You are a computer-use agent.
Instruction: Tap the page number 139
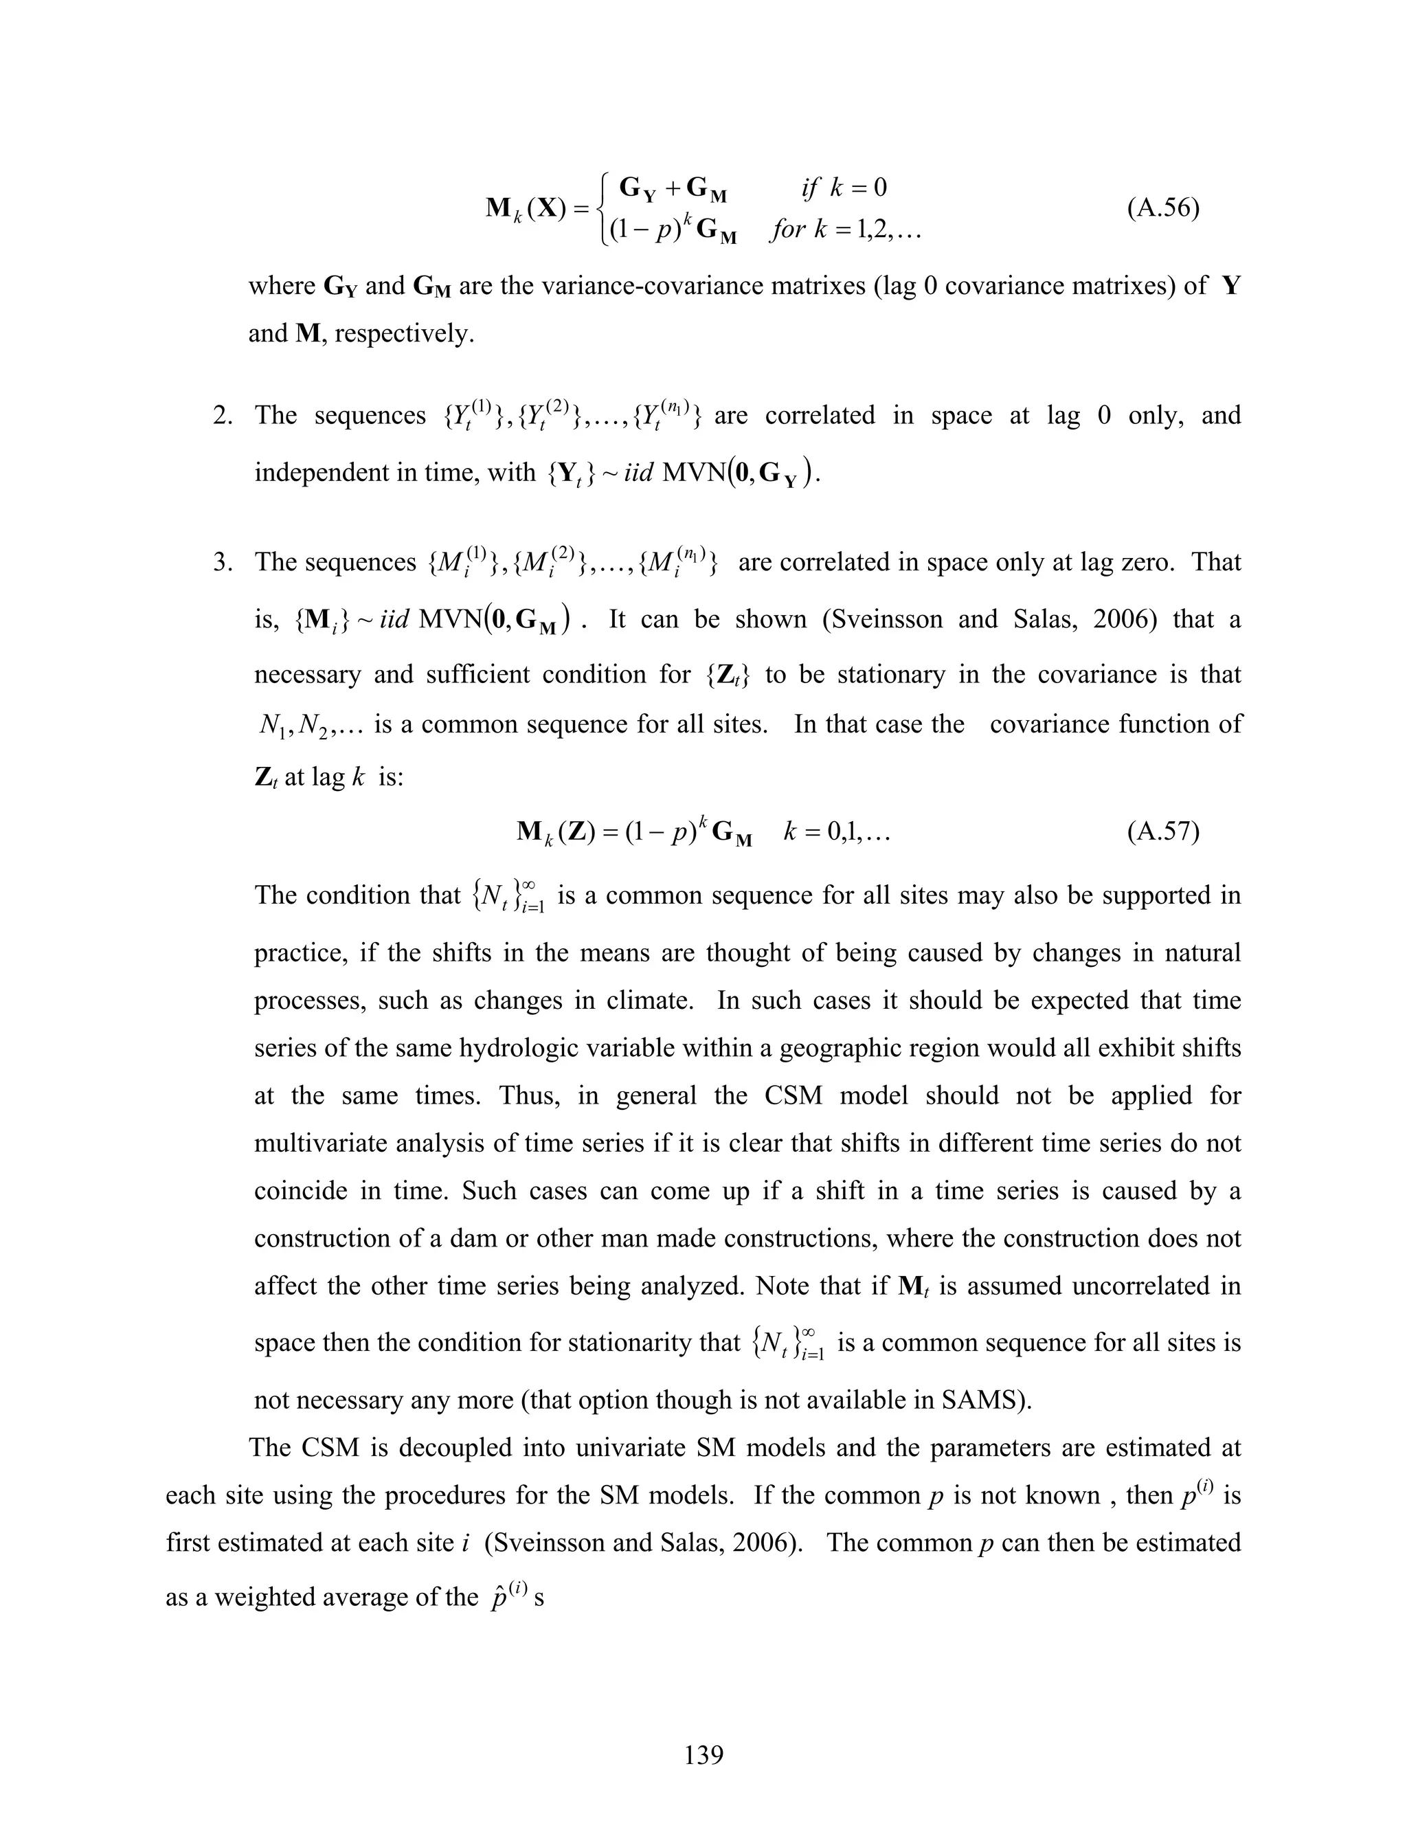coord(703,1754)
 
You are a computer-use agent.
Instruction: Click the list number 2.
coord(223,415)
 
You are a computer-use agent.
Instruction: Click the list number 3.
coord(223,562)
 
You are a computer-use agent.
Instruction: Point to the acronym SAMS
coord(978,1400)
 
